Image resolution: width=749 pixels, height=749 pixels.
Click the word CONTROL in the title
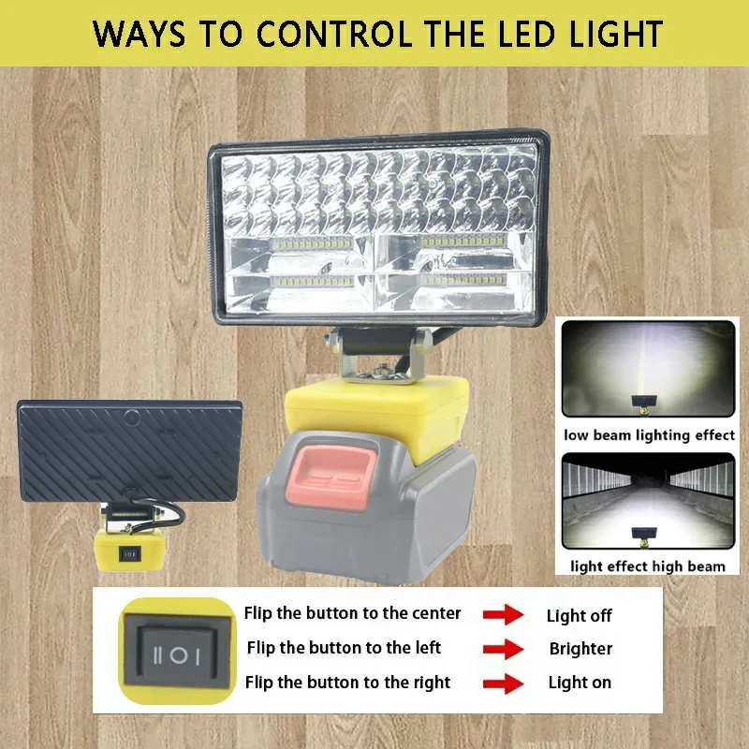coord(330,34)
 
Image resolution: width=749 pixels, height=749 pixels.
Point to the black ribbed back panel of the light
coord(130,450)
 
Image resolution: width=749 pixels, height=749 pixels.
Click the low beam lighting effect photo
coord(648,369)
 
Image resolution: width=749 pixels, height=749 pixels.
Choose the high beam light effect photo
coord(648,502)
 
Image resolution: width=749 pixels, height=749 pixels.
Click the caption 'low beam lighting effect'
coord(649,434)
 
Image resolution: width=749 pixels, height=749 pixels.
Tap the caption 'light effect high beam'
coord(648,565)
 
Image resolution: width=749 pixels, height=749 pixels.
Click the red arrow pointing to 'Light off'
coord(503,615)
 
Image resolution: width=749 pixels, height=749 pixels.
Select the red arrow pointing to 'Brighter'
coord(503,649)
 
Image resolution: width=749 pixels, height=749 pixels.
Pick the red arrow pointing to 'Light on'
coord(503,683)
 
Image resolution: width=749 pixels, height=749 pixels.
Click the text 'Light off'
coord(579,615)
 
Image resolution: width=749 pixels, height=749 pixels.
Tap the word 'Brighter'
coord(580,649)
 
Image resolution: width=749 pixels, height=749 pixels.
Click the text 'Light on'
coord(580,683)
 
